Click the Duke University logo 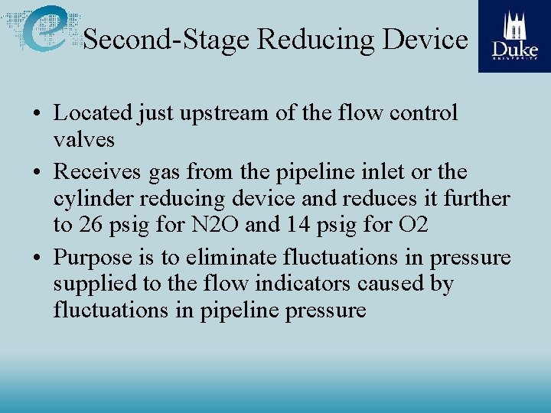(514, 36)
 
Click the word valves (84, 140)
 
